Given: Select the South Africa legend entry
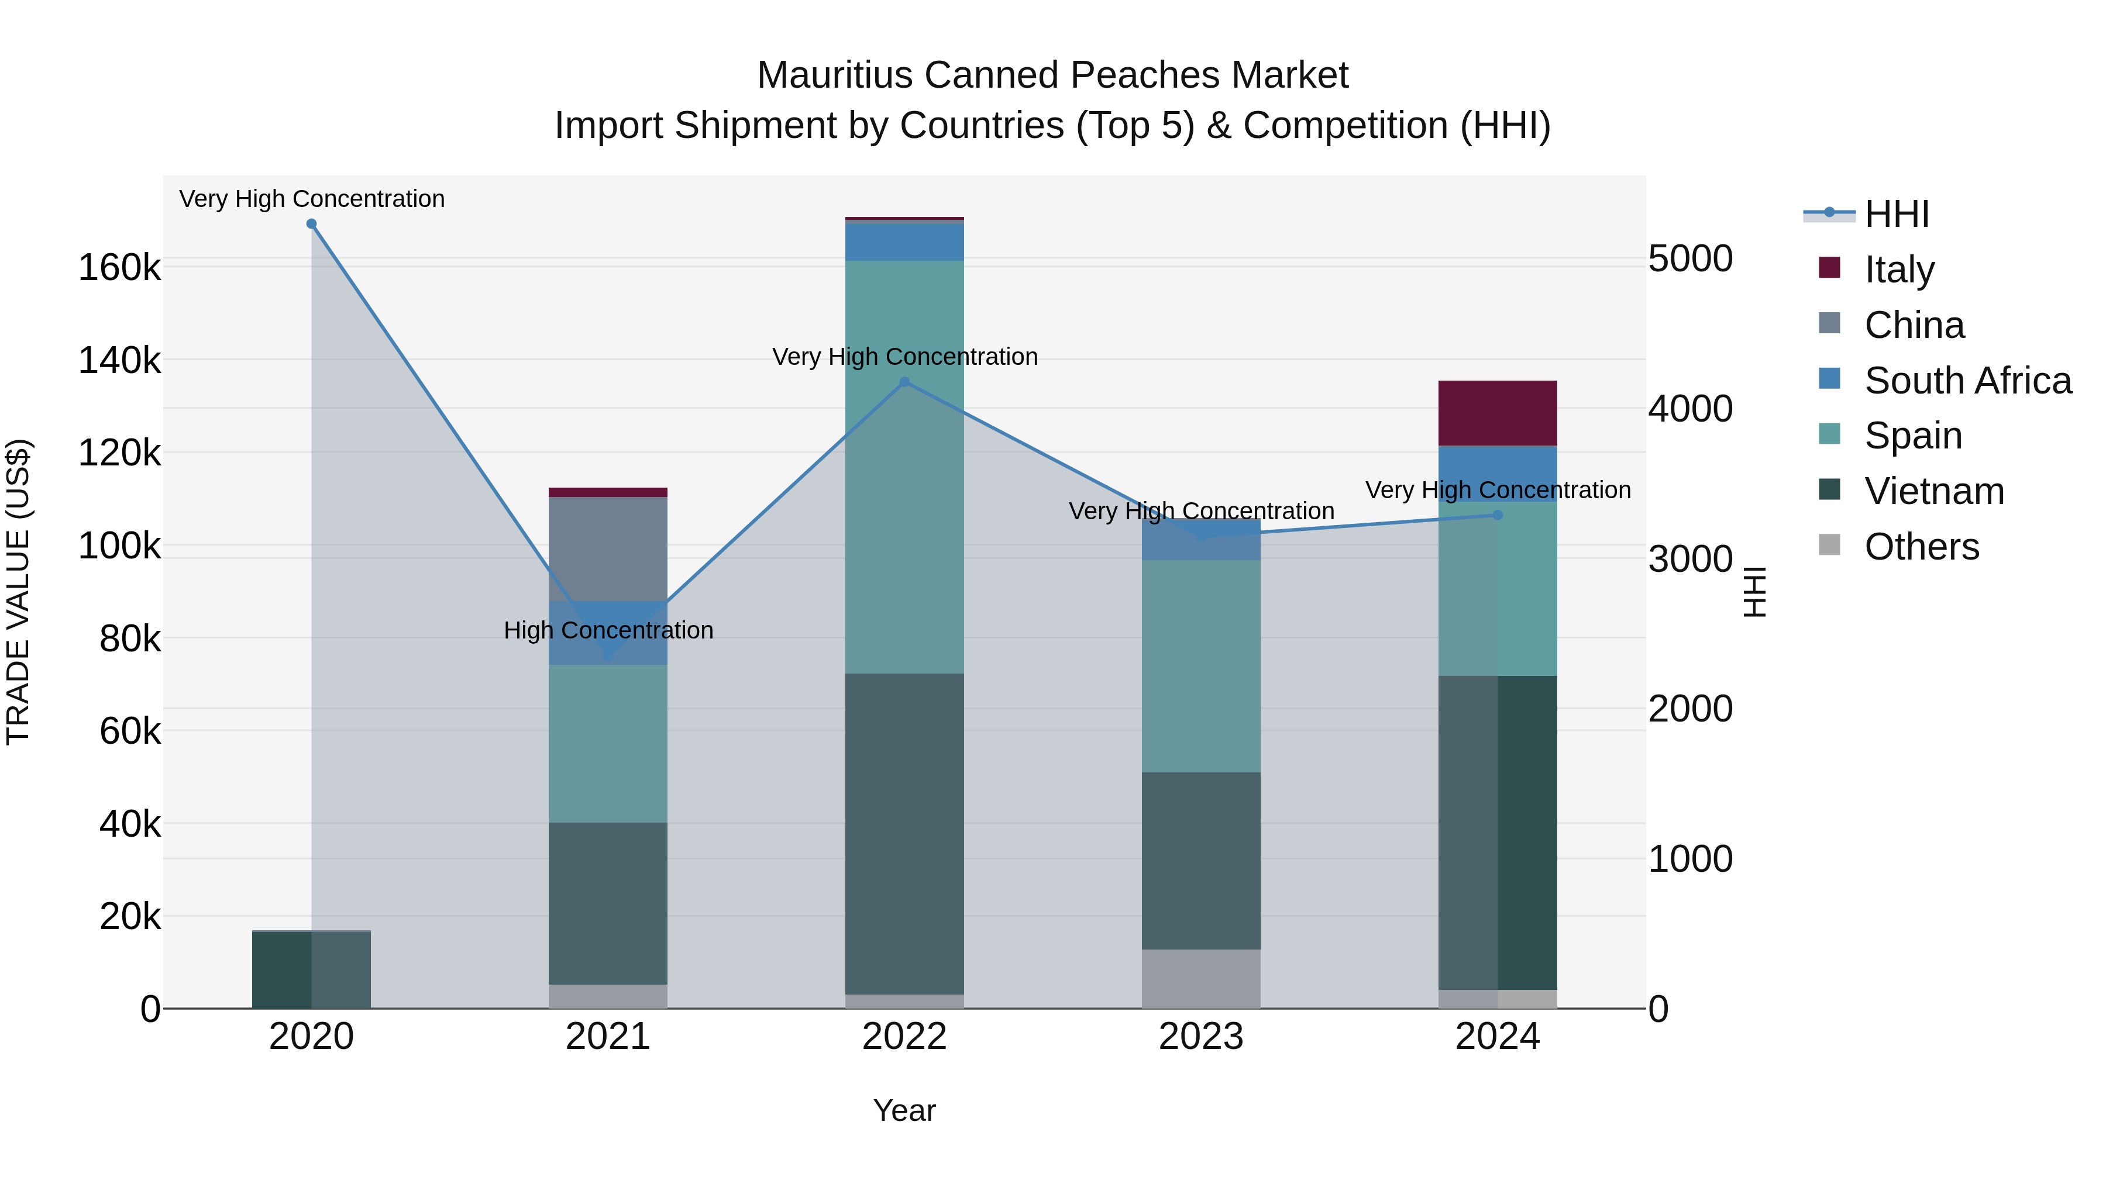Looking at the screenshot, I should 1967,381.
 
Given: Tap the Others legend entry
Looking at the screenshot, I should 1921,547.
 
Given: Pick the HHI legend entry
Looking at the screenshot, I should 1896,214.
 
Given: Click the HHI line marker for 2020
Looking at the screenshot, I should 311,224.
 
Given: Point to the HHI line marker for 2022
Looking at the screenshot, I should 904,382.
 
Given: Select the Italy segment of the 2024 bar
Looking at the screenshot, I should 1498,413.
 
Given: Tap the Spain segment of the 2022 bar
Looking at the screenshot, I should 904,466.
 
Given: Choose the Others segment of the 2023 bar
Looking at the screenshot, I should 1201,978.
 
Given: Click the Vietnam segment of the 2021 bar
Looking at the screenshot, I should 607,903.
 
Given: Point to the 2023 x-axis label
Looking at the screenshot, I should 1201,1037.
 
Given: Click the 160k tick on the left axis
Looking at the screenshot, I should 119,267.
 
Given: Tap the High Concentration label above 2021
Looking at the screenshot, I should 608,630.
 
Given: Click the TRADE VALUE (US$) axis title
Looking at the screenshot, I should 18,592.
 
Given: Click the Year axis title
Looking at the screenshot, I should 904,1110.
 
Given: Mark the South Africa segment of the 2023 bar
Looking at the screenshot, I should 1201,539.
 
